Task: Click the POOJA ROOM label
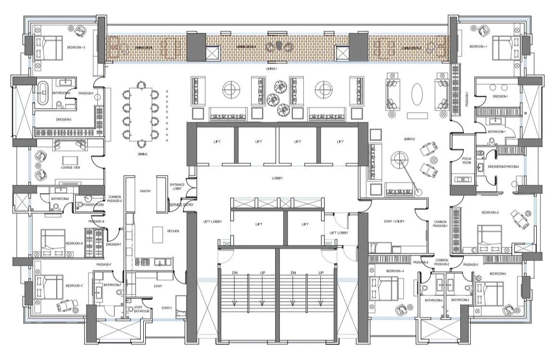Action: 466,160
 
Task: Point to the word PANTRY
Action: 145,191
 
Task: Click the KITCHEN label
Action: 173,231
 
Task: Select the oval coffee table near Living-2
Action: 416,92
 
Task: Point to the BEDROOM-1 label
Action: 478,47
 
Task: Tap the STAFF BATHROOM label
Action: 141,309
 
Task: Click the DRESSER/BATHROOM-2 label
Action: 503,167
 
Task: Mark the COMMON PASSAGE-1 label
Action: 441,223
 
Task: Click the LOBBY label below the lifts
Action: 277,178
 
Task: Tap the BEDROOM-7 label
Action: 75,286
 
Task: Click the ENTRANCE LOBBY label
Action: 177,187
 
